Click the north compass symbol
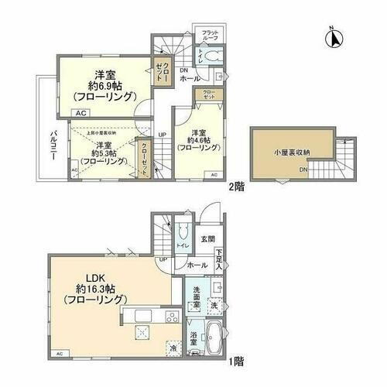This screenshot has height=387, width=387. (x=330, y=35)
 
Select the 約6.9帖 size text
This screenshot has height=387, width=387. (x=106, y=86)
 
